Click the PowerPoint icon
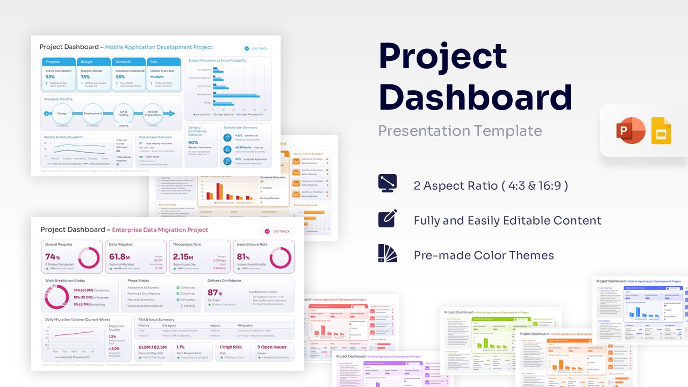point(630,130)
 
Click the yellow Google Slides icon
point(661,131)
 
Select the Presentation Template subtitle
point(460,131)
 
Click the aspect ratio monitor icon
point(388,184)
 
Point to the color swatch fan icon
point(388,253)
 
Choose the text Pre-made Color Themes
point(484,255)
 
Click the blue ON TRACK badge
point(257,48)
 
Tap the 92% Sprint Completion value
point(51,77)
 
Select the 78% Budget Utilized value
point(85,77)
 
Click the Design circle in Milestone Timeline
point(62,113)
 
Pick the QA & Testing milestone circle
point(123,113)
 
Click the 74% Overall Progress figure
point(52,257)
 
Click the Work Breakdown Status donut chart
point(56,297)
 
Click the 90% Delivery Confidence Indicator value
point(193,142)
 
